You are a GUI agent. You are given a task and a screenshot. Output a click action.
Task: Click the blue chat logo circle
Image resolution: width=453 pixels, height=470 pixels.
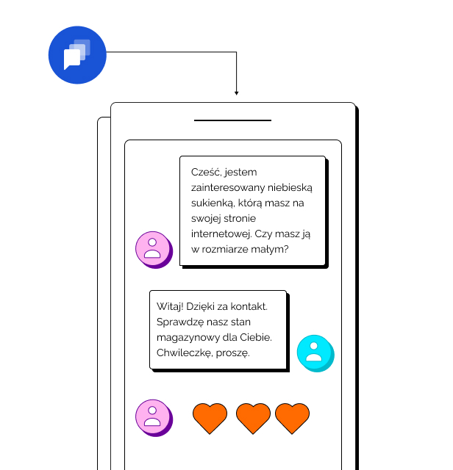[x=77, y=55]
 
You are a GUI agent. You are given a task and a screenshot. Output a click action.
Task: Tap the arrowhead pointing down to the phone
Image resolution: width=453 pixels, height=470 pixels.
[x=236, y=93]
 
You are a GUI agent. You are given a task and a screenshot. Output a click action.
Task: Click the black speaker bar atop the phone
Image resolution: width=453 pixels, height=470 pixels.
[x=232, y=120]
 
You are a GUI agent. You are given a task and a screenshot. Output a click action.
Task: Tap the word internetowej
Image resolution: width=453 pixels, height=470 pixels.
[x=221, y=234]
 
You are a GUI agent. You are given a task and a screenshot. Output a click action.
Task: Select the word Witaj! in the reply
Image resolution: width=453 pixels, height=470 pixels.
[x=171, y=306]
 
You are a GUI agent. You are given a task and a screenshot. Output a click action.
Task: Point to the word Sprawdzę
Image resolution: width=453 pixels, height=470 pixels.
[x=179, y=322]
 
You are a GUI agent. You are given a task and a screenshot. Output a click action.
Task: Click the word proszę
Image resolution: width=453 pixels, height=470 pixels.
[x=235, y=353]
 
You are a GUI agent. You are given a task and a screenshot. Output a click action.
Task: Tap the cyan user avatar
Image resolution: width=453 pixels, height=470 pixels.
[x=315, y=352]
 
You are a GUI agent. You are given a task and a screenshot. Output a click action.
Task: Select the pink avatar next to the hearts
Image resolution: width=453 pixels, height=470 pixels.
[x=153, y=416]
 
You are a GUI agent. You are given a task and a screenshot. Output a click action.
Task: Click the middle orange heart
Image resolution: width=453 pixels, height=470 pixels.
[x=253, y=418]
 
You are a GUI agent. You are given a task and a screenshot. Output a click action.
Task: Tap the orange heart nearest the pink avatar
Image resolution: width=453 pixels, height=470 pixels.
[x=210, y=418]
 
